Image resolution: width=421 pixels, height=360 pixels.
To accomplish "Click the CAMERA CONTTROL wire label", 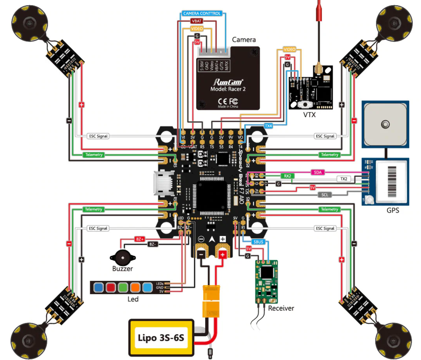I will click(x=202, y=13).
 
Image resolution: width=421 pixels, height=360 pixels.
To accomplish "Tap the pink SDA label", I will click(x=318, y=172).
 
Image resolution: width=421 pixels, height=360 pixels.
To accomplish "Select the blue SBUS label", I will click(x=258, y=242).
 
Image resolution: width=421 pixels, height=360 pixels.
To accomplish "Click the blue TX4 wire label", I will click(x=268, y=126).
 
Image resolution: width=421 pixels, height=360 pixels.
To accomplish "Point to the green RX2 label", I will click(x=287, y=176).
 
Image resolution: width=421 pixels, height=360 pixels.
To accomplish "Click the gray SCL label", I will click(x=325, y=195).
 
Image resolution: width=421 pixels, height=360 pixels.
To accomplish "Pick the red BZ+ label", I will click(x=139, y=239).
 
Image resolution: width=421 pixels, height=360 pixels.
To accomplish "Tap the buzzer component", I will click(x=123, y=257).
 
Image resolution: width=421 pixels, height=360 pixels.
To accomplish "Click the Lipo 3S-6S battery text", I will click(x=161, y=337).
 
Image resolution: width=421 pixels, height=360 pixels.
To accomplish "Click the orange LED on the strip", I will click(x=135, y=287).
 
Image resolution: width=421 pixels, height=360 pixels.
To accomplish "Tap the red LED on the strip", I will click(x=111, y=287).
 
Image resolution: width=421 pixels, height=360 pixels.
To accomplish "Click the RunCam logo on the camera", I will click(x=228, y=82).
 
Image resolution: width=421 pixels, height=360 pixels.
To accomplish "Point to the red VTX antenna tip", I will click(x=319, y=11).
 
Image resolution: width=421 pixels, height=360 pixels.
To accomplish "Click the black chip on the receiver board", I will click(x=267, y=272).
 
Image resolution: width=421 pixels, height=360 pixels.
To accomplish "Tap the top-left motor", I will click(x=29, y=23).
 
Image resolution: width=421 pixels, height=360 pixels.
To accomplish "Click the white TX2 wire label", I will click(x=344, y=179).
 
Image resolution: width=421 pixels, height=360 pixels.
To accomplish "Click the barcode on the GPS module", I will click(x=392, y=182).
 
